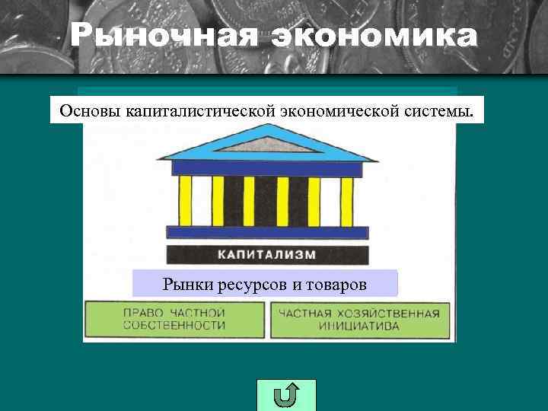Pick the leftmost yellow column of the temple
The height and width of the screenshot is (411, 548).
pyautogui.click(x=185, y=201)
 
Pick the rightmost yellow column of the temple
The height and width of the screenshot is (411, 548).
pyautogui.click(x=346, y=201)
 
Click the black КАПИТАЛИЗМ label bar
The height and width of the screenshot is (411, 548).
pyautogui.click(x=266, y=255)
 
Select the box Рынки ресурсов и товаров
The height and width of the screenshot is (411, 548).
pyautogui.click(x=265, y=284)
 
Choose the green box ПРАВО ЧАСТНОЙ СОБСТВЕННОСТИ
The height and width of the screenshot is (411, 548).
pyautogui.click(x=174, y=319)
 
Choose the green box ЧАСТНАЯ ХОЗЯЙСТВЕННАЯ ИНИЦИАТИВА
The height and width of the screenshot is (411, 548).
pyautogui.click(x=358, y=319)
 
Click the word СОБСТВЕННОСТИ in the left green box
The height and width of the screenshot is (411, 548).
pyautogui.click(x=174, y=326)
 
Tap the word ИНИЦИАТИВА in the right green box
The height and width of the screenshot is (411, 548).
pyautogui.click(x=360, y=326)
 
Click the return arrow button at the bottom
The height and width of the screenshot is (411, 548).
pyautogui.click(x=285, y=395)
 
